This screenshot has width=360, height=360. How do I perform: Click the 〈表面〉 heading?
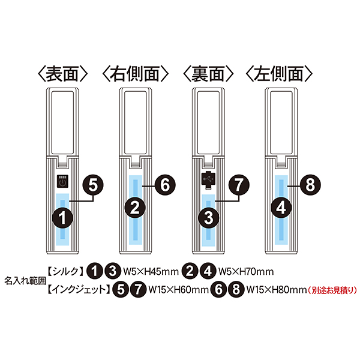click(x=62, y=74)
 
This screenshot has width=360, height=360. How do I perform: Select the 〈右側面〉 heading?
click(x=135, y=74)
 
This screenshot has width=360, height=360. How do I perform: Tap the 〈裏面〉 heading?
click(x=208, y=74)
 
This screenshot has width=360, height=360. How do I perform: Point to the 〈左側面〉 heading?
click(x=279, y=74)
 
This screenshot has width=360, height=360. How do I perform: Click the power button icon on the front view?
click(x=62, y=182)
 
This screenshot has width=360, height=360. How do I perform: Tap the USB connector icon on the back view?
click(x=208, y=181)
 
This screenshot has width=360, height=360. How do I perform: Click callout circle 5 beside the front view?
click(x=93, y=185)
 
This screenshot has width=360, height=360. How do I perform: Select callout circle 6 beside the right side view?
click(x=165, y=185)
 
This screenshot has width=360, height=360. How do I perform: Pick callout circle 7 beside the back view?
click(x=239, y=185)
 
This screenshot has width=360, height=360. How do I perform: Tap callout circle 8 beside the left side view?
click(x=310, y=185)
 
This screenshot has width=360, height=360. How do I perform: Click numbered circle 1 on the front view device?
click(x=62, y=218)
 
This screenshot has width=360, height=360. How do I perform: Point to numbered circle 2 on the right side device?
click(x=135, y=208)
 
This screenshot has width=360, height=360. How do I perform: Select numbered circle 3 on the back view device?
click(x=208, y=218)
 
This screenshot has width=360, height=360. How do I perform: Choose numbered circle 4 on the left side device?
click(x=281, y=208)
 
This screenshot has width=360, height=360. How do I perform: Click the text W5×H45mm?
click(x=151, y=272)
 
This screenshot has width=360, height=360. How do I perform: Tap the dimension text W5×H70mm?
click(x=246, y=272)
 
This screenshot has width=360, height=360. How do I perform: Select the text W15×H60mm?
click(x=178, y=290)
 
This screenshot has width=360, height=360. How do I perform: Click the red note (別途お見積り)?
click(x=332, y=290)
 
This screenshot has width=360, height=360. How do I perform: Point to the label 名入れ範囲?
click(x=25, y=281)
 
